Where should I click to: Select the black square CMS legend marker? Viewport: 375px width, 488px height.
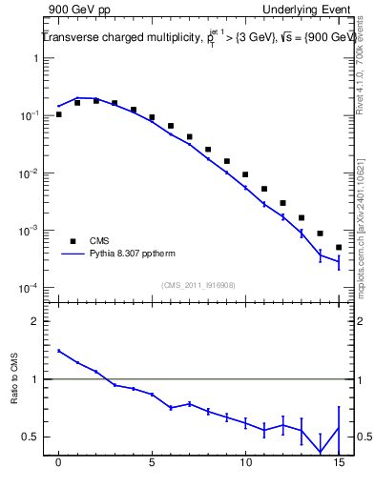(x=72, y=241)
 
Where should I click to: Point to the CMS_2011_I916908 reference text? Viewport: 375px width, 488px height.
(x=198, y=284)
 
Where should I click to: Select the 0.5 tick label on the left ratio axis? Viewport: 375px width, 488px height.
(x=31, y=437)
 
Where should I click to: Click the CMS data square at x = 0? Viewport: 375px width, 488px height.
(x=59, y=114)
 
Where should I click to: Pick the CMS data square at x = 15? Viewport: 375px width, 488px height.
(x=339, y=248)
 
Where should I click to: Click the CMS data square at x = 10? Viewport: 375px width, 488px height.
(x=245, y=174)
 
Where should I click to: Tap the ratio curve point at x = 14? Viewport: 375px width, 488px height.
(x=320, y=452)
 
